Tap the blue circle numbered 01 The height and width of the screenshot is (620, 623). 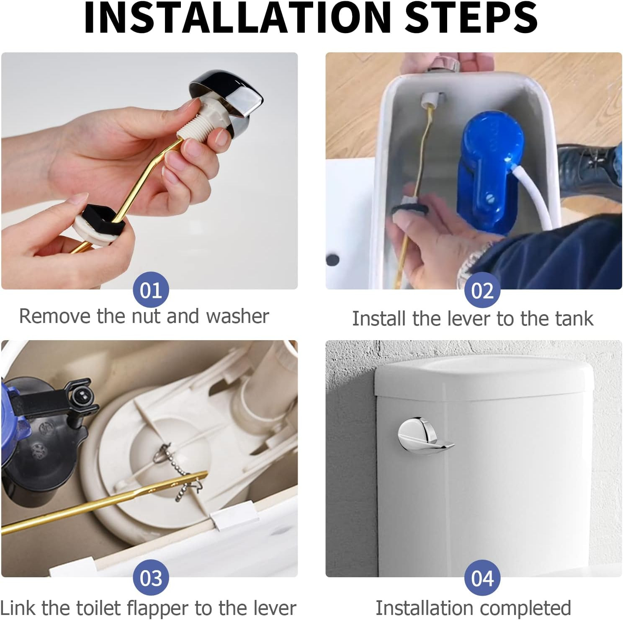[151, 290]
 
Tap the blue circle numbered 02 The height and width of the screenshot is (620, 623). [482, 290]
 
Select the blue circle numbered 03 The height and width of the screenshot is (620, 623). [151, 578]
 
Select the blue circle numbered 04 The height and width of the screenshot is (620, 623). [482, 578]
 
